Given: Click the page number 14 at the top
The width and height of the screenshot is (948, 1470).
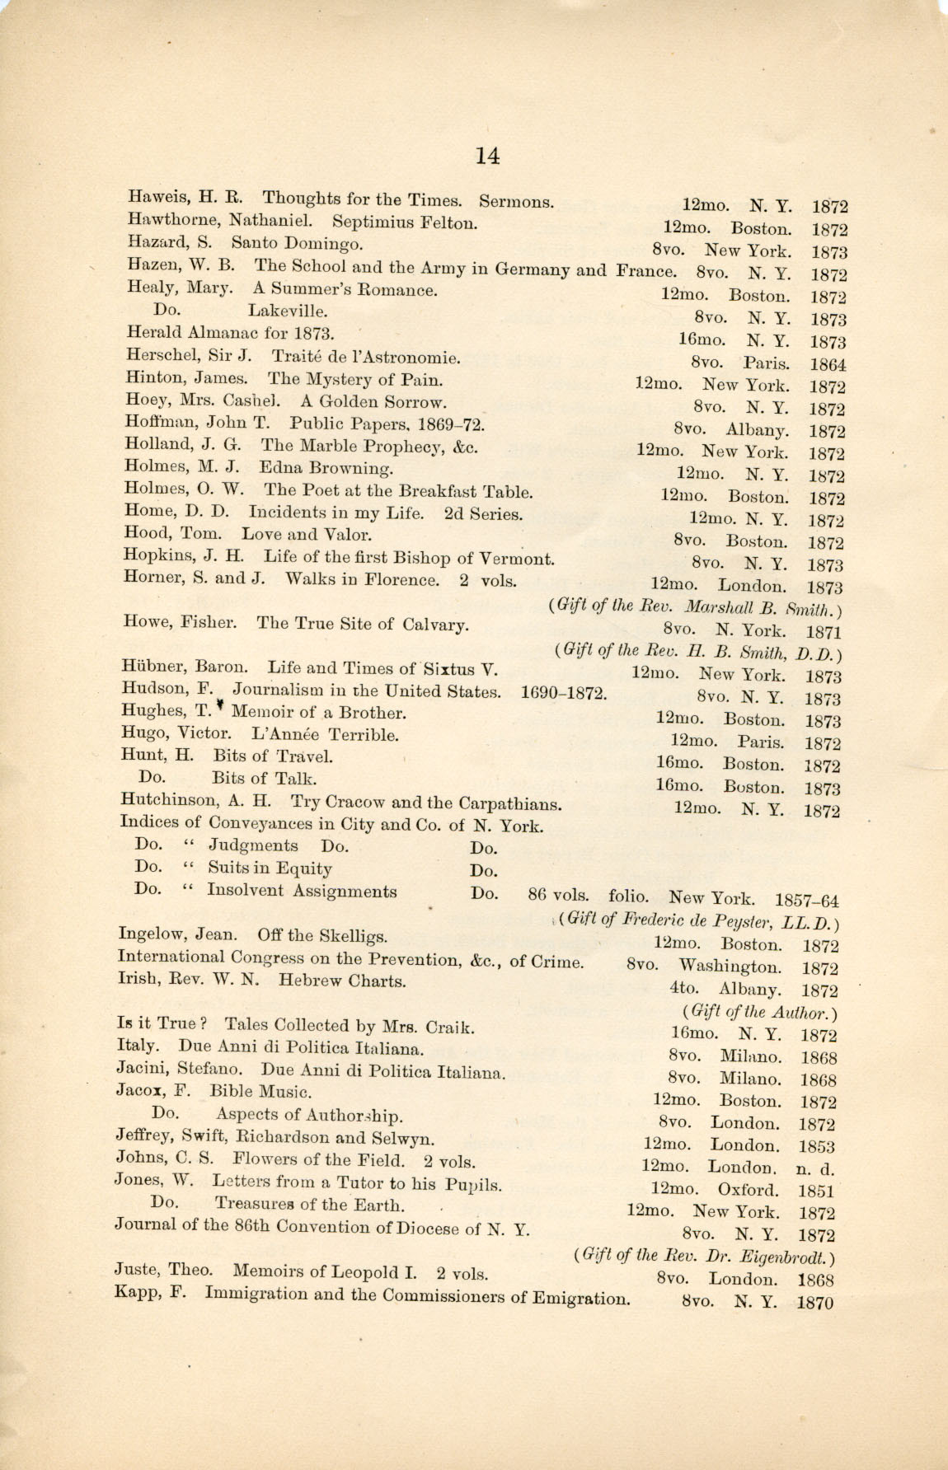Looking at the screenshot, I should [487, 155].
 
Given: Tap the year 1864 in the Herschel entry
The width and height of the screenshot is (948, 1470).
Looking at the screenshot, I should [828, 364].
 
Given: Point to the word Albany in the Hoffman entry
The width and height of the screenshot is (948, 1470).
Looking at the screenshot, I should [757, 430].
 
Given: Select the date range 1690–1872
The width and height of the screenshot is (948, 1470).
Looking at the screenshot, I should [564, 692].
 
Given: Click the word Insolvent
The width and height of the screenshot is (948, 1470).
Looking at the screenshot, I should [245, 891].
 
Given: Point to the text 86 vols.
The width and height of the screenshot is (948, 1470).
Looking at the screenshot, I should [558, 896].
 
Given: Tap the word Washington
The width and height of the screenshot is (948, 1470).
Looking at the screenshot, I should [730, 967].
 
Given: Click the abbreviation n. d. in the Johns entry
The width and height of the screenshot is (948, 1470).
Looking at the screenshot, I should [814, 1168].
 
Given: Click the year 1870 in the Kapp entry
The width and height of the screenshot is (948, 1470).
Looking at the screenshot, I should [815, 1304].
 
